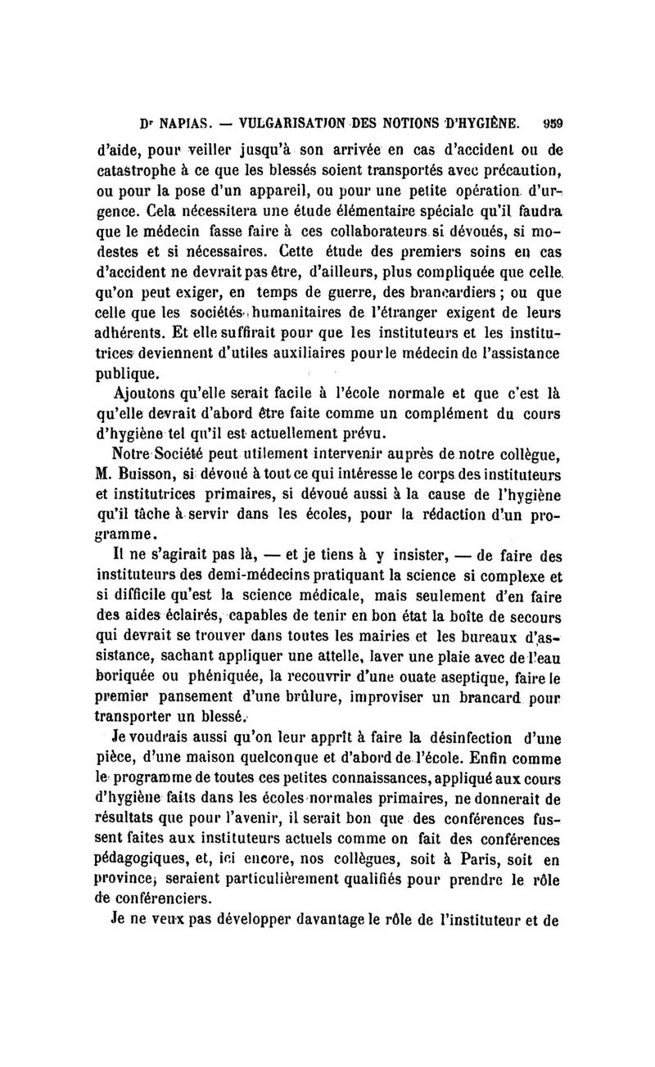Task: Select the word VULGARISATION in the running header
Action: coord(289,125)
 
